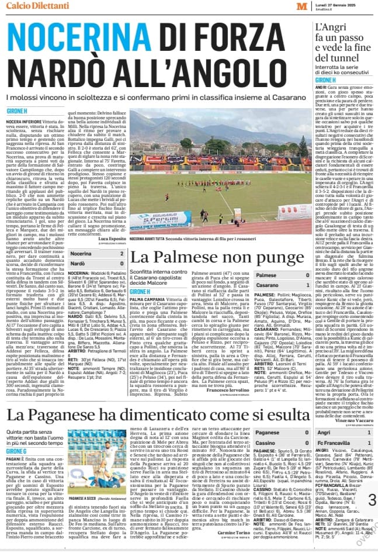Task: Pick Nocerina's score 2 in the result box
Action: tap(122, 254)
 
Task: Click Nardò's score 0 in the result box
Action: tap(122, 264)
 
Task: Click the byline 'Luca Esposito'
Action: tap(112, 239)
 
